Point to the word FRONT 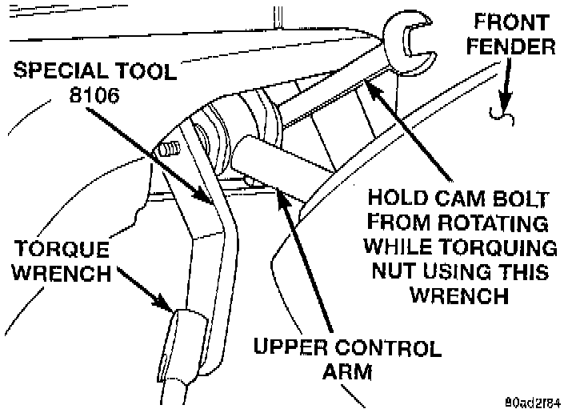point(512,22)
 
